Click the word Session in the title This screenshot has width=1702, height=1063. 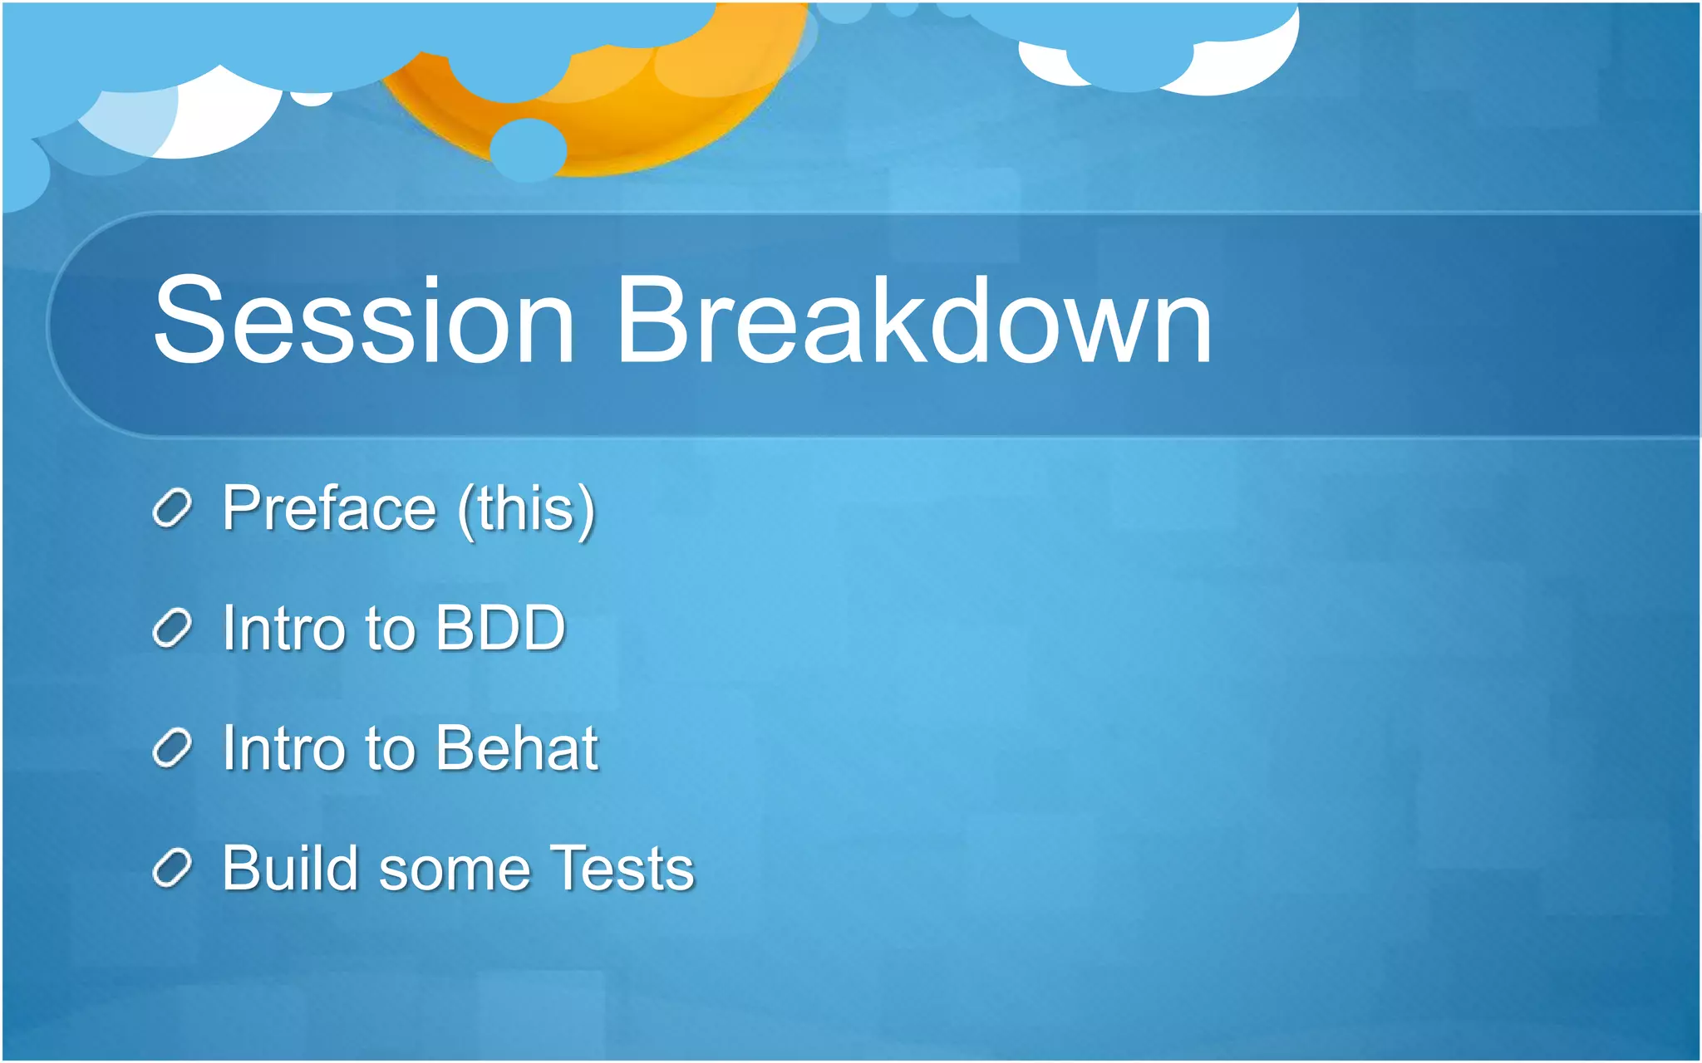pos(363,321)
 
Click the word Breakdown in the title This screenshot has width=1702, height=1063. pos(912,321)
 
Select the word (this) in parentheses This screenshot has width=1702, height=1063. pos(527,509)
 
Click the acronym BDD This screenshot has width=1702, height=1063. pos(500,628)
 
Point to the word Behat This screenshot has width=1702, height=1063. pos(516,747)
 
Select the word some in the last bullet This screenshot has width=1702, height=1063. pos(455,870)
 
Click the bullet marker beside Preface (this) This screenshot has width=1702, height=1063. pos(172,508)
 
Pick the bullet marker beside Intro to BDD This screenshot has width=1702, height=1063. pos(172,629)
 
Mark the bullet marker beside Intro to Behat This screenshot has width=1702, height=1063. pos(172,748)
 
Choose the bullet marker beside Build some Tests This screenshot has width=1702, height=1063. pos(172,869)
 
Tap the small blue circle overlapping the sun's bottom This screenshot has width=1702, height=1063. pos(528,149)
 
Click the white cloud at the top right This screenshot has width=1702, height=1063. pos(1247,66)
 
